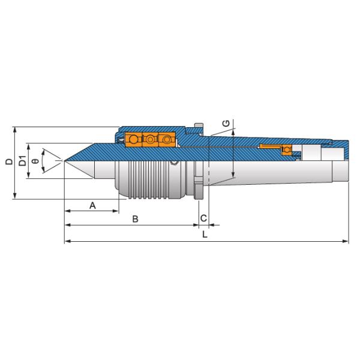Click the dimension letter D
[10, 161]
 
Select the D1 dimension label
[23, 161]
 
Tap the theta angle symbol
[35, 161]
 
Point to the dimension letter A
[92, 205]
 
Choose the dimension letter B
[135, 219]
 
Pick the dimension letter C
[203, 218]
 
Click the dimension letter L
[205, 235]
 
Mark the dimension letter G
[226, 124]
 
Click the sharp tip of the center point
[65, 161]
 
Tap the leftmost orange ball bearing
[133, 139]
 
